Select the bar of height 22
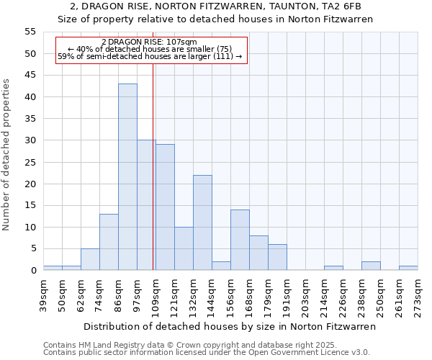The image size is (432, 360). (202, 222)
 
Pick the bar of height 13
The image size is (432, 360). (109, 242)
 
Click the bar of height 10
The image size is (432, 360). (184, 248)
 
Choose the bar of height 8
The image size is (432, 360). (258, 253)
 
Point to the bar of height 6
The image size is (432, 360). (277, 257)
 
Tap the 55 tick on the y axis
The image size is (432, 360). (30, 32)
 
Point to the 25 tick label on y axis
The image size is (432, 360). (30, 162)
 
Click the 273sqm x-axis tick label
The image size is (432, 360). (418, 293)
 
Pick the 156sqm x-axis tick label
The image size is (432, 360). (230, 293)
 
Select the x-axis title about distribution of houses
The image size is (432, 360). (230, 327)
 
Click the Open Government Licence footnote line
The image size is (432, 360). (207, 352)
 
